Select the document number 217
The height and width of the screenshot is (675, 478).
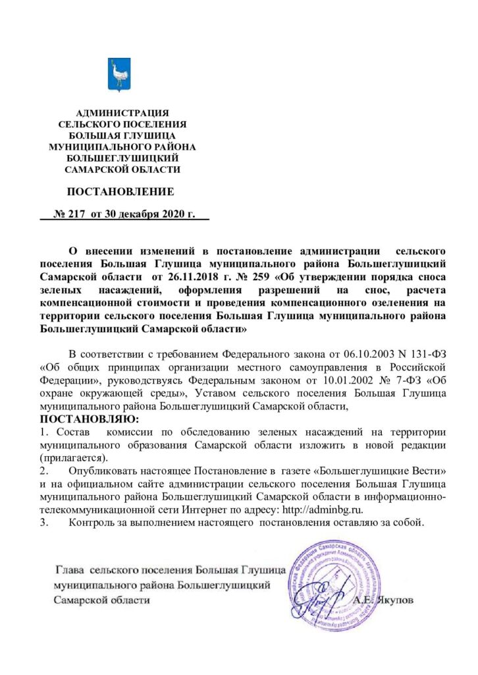click(x=78, y=215)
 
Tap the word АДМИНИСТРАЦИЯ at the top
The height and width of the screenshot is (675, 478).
click(x=122, y=113)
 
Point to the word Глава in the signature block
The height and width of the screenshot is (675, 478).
click(x=70, y=568)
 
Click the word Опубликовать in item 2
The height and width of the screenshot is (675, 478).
click(x=109, y=472)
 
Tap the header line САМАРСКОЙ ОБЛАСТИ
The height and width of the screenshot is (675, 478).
click(x=122, y=169)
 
